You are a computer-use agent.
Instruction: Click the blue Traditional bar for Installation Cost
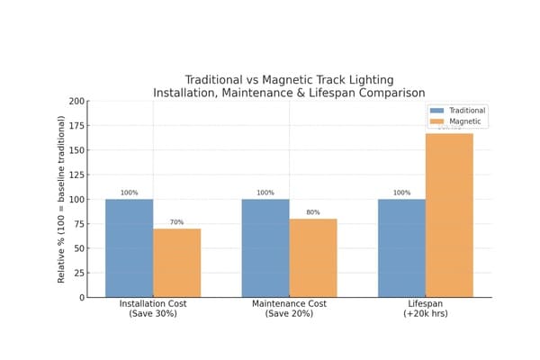pos(129,247)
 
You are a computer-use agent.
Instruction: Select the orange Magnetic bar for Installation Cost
pos(176,263)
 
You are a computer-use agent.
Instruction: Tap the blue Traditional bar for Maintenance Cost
pos(265,247)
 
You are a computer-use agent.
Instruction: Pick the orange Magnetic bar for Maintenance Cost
pos(313,257)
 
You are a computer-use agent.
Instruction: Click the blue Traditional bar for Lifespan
pos(401,247)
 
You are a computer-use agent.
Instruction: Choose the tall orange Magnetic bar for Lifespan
pos(449,215)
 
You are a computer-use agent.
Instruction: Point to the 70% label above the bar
pos(176,222)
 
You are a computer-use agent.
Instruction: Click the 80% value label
pos(313,212)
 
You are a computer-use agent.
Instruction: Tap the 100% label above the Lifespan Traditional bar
pos(401,193)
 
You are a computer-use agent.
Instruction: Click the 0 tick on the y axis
pos(81,297)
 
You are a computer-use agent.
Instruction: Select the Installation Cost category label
pos(153,309)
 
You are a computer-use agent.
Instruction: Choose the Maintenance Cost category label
pos(289,309)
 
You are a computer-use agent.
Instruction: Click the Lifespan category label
pos(426,309)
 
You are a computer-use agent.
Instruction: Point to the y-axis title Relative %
pos(62,199)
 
